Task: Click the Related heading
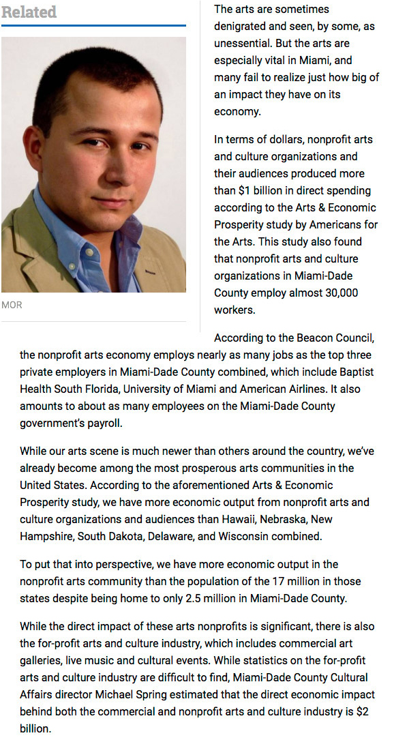tap(29, 12)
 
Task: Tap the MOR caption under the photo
tap(12, 305)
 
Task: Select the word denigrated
tap(243, 26)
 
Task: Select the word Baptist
tap(356, 372)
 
